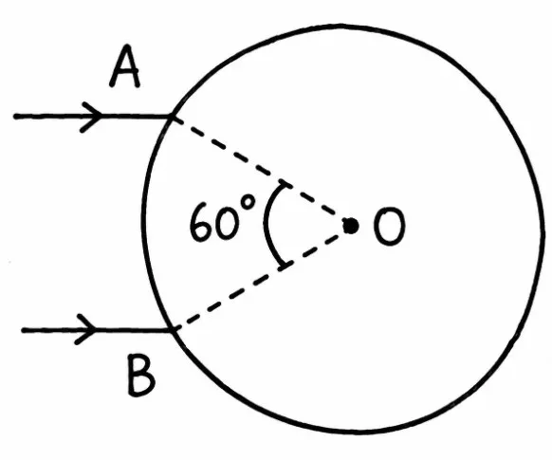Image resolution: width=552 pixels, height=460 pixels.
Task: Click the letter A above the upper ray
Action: [x=124, y=67]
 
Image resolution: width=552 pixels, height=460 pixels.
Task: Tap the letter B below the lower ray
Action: [x=140, y=376]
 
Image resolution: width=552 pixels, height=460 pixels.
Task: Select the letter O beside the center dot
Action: [x=390, y=227]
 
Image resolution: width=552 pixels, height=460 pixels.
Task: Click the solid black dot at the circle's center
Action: [x=351, y=226]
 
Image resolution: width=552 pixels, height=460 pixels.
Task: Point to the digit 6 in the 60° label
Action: [x=200, y=222]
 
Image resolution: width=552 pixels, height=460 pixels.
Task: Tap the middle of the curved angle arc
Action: [x=266, y=225]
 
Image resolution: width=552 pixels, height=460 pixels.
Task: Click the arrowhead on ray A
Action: [x=92, y=117]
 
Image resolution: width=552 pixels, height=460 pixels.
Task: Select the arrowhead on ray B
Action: [x=85, y=330]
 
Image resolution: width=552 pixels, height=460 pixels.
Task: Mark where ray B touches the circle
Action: [x=172, y=330]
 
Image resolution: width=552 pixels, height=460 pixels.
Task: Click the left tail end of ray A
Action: [x=15, y=116]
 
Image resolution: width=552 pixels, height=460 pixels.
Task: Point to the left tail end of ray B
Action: [x=24, y=330]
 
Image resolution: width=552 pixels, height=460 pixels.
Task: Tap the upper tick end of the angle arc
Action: [x=285, y=184]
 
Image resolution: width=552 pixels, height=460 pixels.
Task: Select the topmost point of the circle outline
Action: [x=340, y=26]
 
